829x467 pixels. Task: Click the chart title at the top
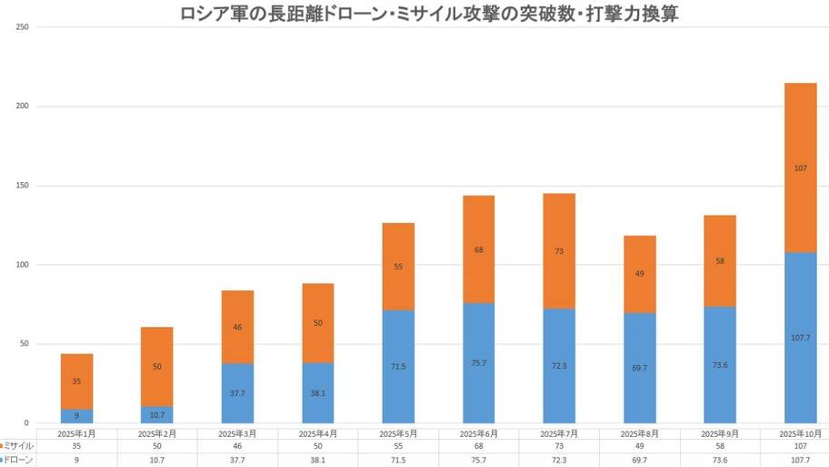(414, 14)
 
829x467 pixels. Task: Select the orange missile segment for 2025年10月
(800, 168)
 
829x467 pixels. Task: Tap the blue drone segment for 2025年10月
(800, 337)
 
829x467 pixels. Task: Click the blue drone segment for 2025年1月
(77, 416)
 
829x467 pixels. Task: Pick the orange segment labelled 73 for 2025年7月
(559, 250)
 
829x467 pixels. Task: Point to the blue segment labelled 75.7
(478, 362)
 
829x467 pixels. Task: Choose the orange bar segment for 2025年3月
(237, 326)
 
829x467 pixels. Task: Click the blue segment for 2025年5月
(398, 366)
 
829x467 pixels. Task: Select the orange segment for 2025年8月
(639, 273)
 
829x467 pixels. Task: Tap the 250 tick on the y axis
(23, 27)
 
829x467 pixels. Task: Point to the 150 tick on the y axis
(23, 186)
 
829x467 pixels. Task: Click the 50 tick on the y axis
(23, 344)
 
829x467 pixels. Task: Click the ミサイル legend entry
(18, 446)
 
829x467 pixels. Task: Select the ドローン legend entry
(18, 461)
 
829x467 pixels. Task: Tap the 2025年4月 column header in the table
(317, 433)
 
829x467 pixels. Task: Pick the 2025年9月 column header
(718, 433)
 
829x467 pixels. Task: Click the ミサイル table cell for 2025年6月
(478, 446)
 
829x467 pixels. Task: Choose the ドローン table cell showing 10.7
(156, 461)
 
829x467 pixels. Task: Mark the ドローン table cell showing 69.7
(639, 461)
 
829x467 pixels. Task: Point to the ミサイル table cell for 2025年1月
(76, 446)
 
